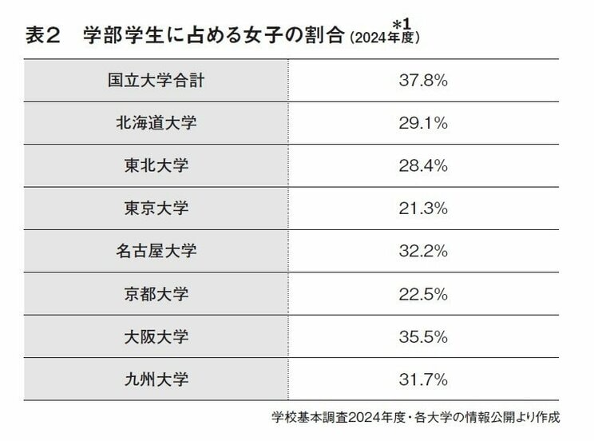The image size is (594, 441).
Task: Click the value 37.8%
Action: point(422,80)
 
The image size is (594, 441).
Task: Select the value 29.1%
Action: point(422,123)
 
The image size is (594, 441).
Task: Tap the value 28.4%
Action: point(422,165)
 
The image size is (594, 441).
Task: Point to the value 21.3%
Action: point(422,209)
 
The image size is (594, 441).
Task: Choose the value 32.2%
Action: point(422,251)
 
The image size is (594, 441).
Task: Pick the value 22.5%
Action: point(422,294)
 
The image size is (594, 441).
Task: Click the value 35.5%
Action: point(422,336)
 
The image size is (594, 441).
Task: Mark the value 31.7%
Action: point(422,379)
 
